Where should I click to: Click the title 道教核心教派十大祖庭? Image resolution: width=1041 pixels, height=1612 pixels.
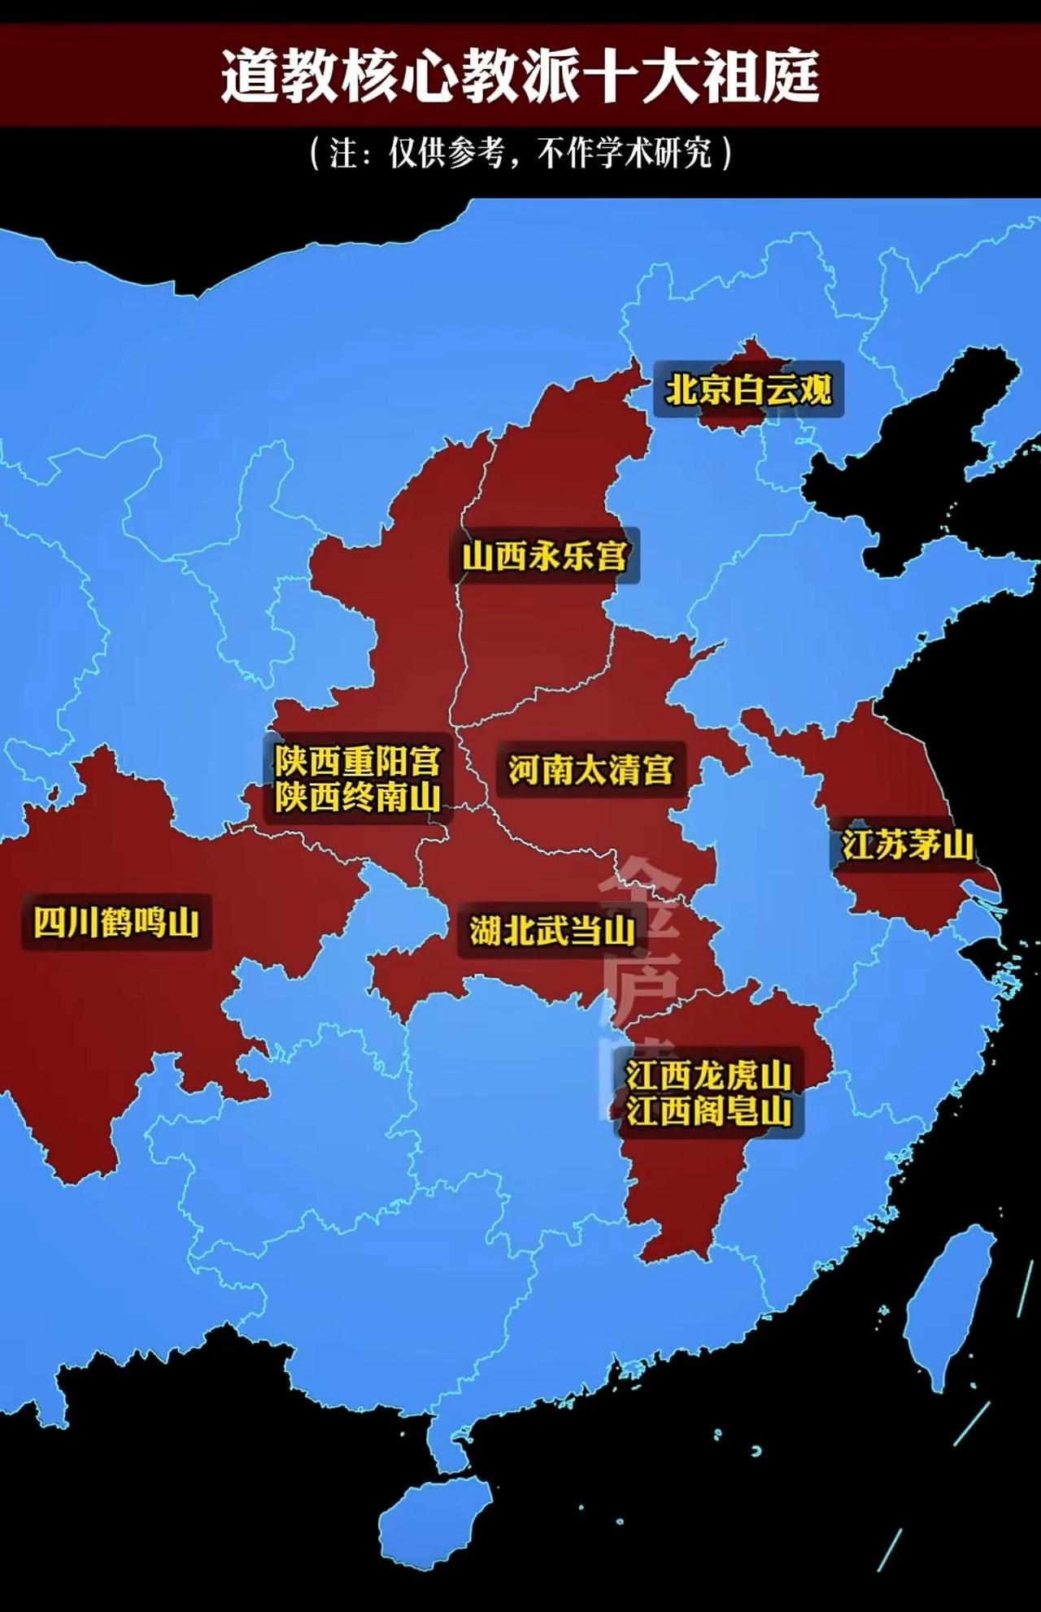520,76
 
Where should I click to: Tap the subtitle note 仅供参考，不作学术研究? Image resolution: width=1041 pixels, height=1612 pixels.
520,152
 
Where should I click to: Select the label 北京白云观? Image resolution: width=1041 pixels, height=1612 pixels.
748,390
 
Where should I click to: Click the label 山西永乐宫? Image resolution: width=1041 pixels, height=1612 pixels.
545,557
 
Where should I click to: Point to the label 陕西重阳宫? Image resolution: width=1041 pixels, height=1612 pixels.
357,762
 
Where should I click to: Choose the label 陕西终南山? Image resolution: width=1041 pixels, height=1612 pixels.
357,797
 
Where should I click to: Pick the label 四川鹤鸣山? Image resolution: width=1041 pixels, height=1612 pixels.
116,923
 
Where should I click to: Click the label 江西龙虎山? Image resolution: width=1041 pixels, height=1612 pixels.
708,1075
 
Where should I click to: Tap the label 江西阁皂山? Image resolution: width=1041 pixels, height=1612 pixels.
708,1111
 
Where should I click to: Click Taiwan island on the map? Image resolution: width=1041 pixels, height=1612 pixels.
947,1301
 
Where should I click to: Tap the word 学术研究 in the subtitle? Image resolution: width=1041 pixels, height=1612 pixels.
655,152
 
